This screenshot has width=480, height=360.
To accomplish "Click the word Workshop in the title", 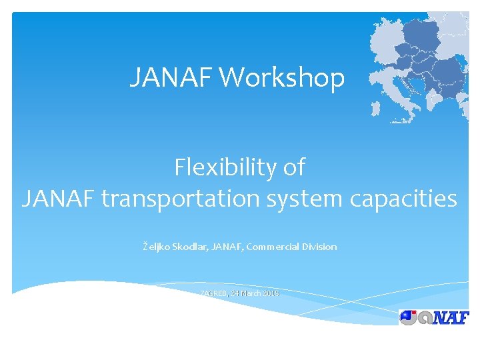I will (x=282, y=78).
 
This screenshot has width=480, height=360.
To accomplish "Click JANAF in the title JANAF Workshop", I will (x=171, y=78).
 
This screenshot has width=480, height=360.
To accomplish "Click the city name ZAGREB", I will (x=213, y=293).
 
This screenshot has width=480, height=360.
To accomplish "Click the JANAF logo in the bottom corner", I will (x=433, y=317).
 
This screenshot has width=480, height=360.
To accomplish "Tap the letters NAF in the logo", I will (x=448, y=317).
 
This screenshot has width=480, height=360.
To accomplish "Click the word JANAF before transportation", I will (x=59, y=199).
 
